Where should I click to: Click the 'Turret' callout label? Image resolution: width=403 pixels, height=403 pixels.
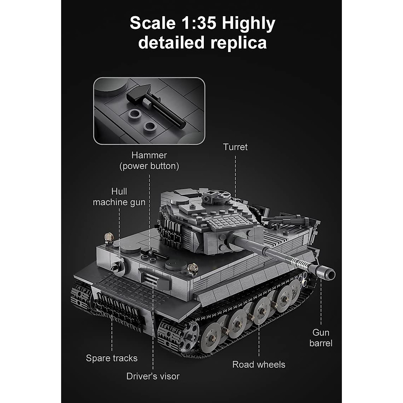[235, 147]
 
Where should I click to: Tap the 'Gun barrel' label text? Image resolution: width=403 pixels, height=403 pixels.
[321, 338]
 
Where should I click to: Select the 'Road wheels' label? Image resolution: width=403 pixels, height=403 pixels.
[259, 365]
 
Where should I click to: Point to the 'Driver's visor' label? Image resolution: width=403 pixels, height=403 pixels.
[153, 376]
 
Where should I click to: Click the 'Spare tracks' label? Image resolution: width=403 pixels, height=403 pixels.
[112, 358]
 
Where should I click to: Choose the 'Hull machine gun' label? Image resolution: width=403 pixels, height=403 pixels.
[119, 197]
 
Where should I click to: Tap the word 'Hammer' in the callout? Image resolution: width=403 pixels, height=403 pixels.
[149, 155]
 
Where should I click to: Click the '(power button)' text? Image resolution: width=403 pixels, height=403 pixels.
[149, 166]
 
